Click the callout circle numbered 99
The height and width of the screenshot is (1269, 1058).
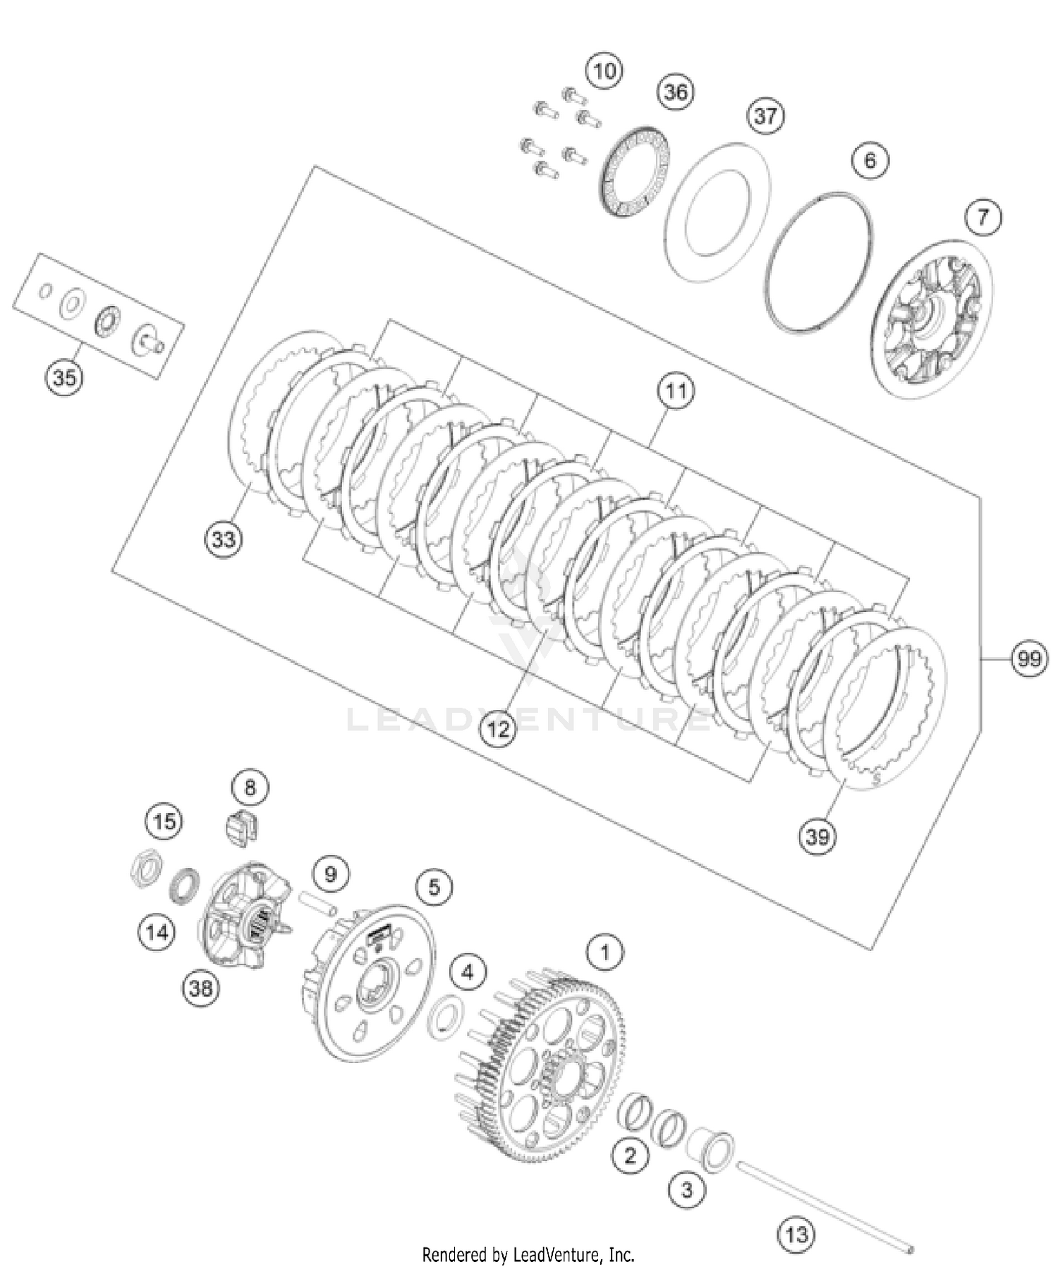coord(1028,659)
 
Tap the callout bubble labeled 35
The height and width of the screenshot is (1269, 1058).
coord(64,377)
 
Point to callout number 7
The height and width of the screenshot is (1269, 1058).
coord(983,217)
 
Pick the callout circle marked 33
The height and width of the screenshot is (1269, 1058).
coord(223,540)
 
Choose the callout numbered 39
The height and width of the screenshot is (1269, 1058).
coord(817,837)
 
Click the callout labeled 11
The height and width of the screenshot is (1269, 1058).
coord(676,391)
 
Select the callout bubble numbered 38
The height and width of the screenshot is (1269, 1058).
coord(200,988)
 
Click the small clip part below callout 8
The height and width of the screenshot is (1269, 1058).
coord(241,827)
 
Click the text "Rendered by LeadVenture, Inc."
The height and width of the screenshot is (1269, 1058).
coord(528,1255)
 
